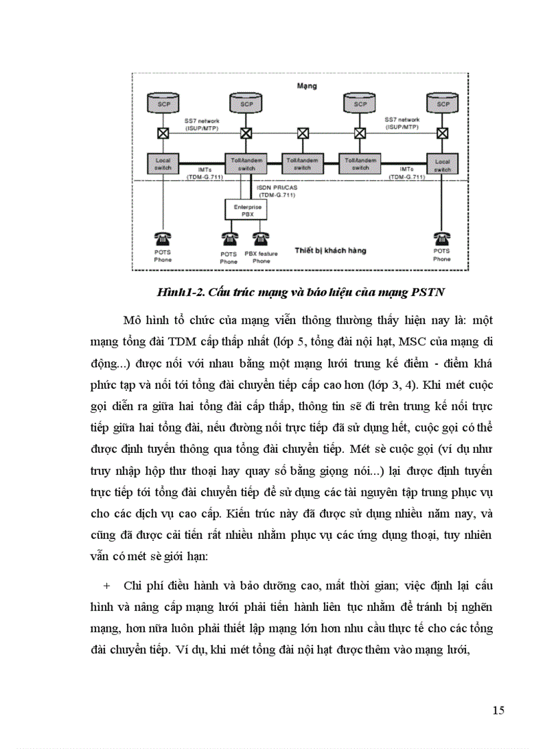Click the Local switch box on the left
(x=164, y=164)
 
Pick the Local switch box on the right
(x=441, y=164)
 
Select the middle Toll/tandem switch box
(x=304, y=164)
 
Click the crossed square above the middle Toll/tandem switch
(x=304, y=133)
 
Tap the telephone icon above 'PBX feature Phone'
(x=261, y=237)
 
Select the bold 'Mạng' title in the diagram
(x=307, y=86)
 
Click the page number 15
(x=498, y=710)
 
